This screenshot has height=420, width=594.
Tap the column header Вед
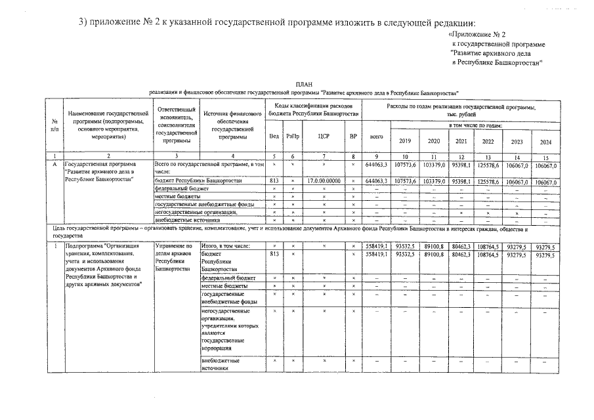tap(274, 136)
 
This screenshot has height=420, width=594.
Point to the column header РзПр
tap(293, 136)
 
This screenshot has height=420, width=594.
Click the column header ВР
tap(353, 136)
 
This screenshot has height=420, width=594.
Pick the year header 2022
tap(488, 141)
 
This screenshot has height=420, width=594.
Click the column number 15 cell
tap(545, 156)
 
